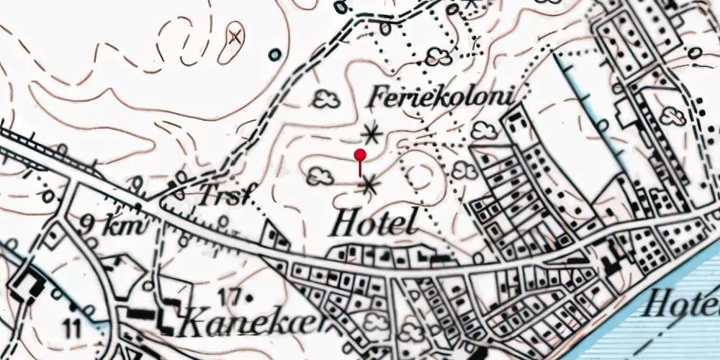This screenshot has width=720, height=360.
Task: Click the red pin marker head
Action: [x=360, y=154]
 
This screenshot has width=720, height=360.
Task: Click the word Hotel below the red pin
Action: [x=374, y=224]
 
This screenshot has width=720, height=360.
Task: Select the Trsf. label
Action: [x=222, y=196]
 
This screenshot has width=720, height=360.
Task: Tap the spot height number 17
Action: [x=228, y=295]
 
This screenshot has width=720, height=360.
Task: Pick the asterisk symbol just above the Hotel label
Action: [x=369, y=186]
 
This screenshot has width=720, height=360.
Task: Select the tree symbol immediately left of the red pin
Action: [x=320, y=176]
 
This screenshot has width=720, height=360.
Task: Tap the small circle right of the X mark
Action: [x=274, y=54]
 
